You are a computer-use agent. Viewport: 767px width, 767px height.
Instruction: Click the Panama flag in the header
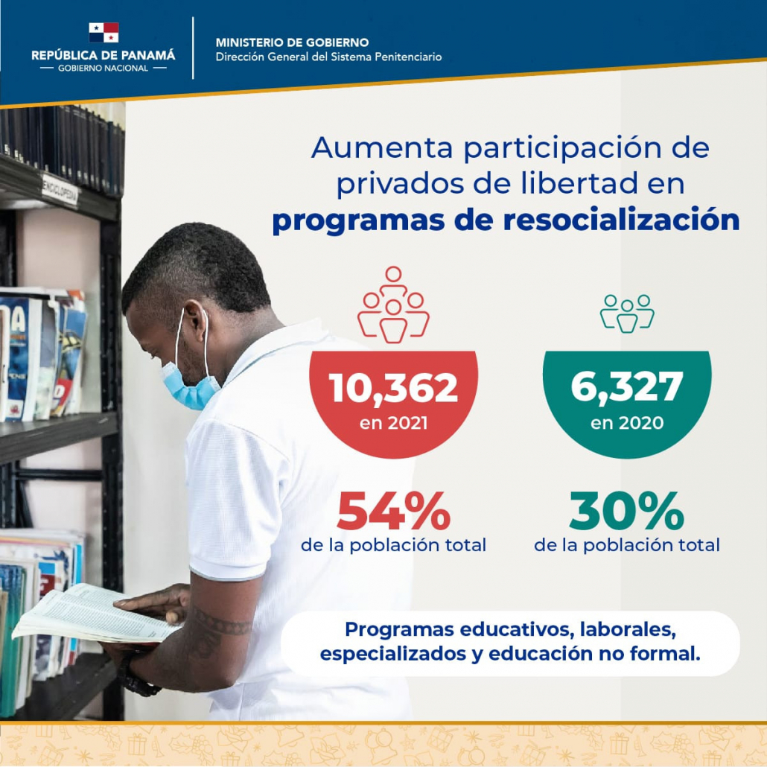(104, 32)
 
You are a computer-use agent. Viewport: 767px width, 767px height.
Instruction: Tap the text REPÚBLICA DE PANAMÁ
(104, 55)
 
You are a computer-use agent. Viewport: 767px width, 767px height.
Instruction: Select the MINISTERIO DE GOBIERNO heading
(292, 42)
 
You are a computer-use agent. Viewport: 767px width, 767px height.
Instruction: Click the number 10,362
(393, 388)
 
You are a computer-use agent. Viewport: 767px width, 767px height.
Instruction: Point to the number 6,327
(626, 386)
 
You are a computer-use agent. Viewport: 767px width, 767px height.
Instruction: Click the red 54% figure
(393, 511)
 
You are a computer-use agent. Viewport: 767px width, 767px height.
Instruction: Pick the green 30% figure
(626, 511)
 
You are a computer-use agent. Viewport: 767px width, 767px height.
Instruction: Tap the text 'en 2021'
(393, 423)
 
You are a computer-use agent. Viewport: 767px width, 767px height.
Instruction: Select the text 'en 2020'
(626, 423)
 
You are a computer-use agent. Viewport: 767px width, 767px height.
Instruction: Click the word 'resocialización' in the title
(621, 220)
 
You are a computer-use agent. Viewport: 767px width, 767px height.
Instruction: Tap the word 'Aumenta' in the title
(381, 147)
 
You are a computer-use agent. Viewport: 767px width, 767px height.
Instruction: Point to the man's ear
(197, 323)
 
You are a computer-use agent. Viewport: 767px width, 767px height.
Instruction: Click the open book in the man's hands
(93, 614)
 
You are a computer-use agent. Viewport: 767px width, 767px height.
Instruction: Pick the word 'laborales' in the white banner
(628, 630)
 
